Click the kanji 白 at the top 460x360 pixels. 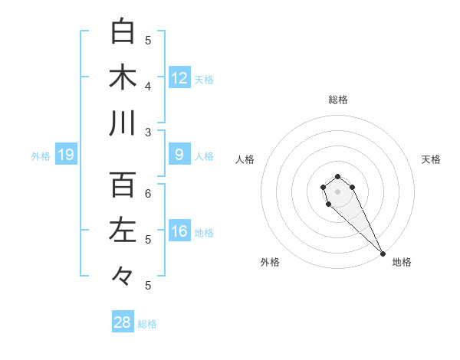point(123,31)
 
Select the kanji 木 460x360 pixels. point(123,77)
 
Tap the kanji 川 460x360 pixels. point(123,123)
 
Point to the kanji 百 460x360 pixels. point(123,185)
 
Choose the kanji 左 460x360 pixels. point(123,231)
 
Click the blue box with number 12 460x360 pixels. point(179,78)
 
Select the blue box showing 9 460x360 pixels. point(179,155)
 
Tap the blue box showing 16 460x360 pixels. point(179,231)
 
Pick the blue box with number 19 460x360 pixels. point(65,155)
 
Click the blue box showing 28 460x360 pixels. point(123,322)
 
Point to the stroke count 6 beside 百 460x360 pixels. point(149,194)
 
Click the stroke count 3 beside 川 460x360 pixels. point(149,133)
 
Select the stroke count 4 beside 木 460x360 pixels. point(149,87)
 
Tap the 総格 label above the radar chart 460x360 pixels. point(337,100)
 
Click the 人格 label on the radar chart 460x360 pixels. point(245,159)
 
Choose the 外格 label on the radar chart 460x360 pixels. point(270,262)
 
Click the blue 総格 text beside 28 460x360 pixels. point(147,324)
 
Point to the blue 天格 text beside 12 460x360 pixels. point(204,80)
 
